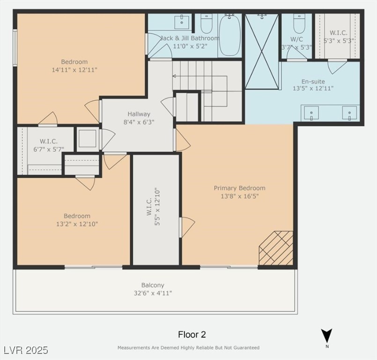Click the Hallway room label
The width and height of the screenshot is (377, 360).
coord(139,114)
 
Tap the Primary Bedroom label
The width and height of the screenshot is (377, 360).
coord(239,188)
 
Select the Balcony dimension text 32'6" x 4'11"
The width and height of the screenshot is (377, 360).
coord(153,293)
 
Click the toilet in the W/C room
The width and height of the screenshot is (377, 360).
coord(299,23)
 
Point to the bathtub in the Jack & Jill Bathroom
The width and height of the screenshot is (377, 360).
coord(229,35)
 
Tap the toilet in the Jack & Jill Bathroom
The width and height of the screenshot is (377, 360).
coord(206,23)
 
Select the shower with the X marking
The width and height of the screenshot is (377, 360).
coord(262,52)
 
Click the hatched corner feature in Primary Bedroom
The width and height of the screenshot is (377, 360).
coord(276,248)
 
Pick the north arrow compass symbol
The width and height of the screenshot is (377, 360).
coord(327,336)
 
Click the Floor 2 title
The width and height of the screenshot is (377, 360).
coord(192,335)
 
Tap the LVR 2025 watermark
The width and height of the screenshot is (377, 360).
coord(26,350)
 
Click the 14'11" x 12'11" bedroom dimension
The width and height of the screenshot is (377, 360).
coord(74,70)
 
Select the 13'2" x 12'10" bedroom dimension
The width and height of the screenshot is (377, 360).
coord(77,224)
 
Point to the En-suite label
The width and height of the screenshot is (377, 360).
coord(313,82)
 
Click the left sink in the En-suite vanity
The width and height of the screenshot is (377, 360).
coord(311,113)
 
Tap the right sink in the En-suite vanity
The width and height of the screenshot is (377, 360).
coord(349,113)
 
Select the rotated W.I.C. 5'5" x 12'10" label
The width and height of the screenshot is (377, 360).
coord(153,206)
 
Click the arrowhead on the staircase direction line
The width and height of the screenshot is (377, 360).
coord(174,76)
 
